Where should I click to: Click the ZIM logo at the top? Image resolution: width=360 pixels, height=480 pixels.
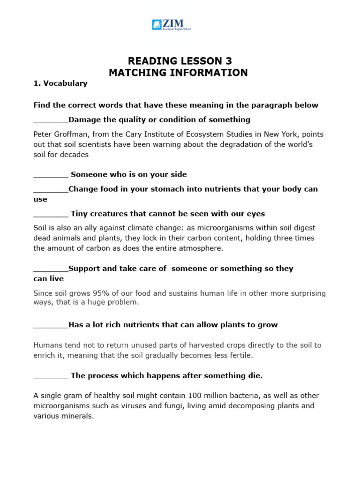coord(171,24)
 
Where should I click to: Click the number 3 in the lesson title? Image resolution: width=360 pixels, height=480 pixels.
coord(228,61)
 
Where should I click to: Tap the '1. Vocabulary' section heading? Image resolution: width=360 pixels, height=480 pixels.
coord(60,83)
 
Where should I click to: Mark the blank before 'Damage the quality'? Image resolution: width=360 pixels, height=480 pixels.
coord(51,120)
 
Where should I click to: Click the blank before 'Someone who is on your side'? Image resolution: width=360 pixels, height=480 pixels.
coord(51,175)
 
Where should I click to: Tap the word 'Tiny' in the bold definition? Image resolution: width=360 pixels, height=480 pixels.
coord(79,214)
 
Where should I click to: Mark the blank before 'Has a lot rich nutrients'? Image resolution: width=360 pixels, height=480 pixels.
coord(51,325)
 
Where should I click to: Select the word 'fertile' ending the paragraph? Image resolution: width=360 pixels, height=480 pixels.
coord(240,355)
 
